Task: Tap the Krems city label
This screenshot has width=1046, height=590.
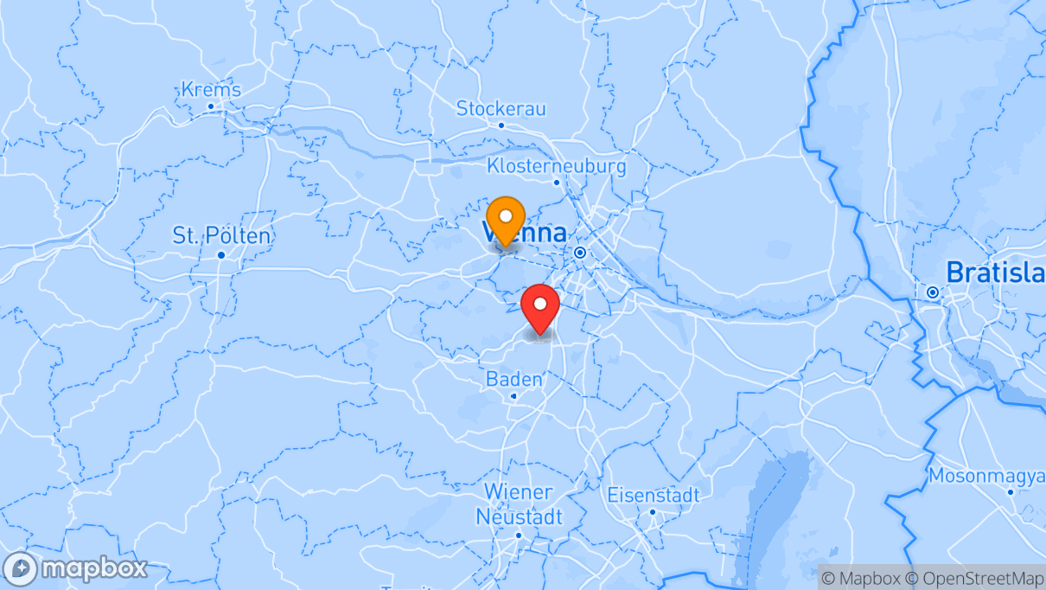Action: pos(211,90)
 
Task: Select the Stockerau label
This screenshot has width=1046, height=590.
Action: pos(501,109)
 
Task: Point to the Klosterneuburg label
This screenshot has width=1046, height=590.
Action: pos(557,165)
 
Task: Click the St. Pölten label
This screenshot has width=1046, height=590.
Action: pos(220,235)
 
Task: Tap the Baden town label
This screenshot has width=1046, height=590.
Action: pos(514,379)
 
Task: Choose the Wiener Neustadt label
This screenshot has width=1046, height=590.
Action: pos(519,504)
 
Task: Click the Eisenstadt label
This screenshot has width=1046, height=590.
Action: pos(653,496)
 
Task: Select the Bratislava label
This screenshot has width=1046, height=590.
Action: pos(995,272)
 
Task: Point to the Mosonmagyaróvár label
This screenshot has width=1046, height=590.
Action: pos(986,476)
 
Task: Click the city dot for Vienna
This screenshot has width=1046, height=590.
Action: pos(579,253)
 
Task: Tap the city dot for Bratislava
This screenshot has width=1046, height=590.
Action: pos(932,292)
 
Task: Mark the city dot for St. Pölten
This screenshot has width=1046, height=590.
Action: pos(220,254)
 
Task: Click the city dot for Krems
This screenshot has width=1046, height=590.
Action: pos(211,106)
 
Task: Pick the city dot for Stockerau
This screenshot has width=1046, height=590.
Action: pos(501,125)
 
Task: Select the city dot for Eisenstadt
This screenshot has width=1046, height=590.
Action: pos(653,512)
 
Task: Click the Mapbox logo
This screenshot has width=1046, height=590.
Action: pos(75,569)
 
